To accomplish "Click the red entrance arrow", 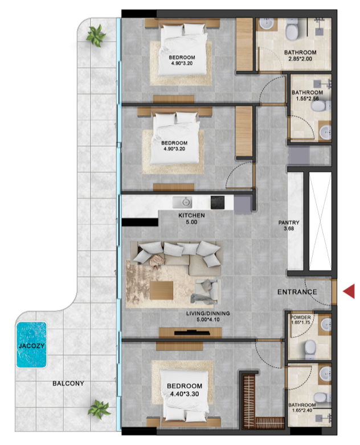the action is coord(349,291).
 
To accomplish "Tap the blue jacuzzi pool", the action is coord(31,344).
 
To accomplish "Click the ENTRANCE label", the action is coord(297,292).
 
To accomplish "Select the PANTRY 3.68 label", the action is coord(289,225).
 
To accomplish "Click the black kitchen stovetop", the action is coord(218,203).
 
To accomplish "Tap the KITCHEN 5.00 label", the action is coord(191,219).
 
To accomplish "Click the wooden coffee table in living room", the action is coord(161,290).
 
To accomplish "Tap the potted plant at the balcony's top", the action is coord(96,35).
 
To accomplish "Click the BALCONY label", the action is coord(68,384).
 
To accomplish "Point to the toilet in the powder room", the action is coord(310,349).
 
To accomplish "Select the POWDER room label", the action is coord(301,318).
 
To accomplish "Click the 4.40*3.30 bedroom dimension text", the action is coord(185,394).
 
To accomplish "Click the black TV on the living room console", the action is coord(192,333).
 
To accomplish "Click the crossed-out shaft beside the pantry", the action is coord(320,221).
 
